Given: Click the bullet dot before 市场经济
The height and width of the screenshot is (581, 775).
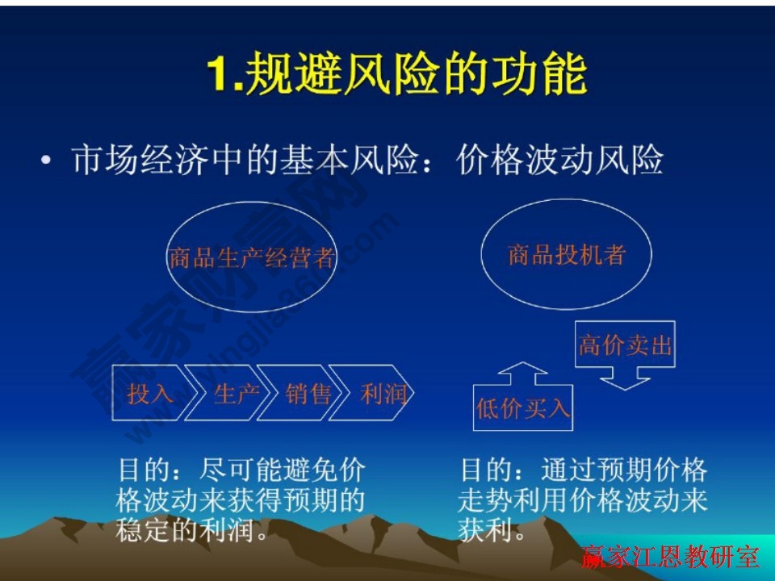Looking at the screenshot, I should (47, 162).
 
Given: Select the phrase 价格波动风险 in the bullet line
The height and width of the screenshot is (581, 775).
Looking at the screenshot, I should (559, 161).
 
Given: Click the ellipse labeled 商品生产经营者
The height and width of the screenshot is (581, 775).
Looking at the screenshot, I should (251, 258).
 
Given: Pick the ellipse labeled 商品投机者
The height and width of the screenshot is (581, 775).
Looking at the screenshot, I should (566, 255).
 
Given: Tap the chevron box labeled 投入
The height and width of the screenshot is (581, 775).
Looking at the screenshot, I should (150, 394).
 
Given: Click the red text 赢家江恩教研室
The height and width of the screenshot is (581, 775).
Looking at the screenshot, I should (670, 557).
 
